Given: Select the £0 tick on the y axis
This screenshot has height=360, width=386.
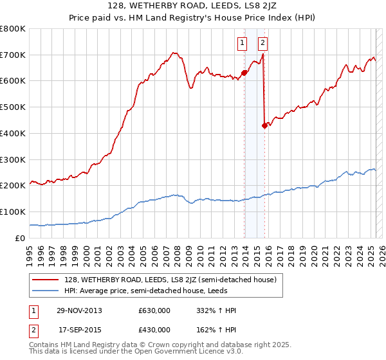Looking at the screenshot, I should pos(20,237).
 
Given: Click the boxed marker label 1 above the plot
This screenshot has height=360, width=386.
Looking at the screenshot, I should pos(243,44).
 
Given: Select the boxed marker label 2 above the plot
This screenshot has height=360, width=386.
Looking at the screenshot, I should pos(263,44).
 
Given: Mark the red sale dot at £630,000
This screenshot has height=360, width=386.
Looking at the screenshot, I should pos(244,73).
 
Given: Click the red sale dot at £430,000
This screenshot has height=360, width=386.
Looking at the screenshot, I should pos(264,125).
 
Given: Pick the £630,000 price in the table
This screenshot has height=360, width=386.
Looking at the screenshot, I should pos(154,310).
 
